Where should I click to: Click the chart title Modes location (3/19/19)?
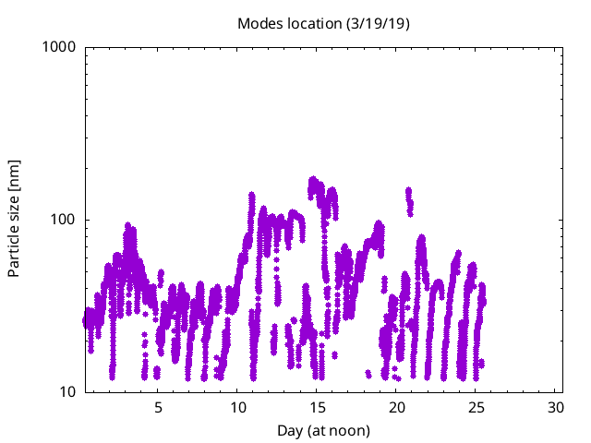tap(323, 23)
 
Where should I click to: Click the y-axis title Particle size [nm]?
tap(14, 219)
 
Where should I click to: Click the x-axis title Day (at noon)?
tap(323, 430)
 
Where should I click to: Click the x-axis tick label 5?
tap(158, 408)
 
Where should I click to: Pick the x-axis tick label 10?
tap(237, 408)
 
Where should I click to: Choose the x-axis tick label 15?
tap(317, 408)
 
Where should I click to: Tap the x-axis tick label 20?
tap(396, 408)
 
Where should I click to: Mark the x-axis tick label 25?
tap(476, 408)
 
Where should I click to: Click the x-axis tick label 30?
tap(555, 408)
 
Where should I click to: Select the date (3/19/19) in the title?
tap(378, 23)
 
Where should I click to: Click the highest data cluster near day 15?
tap(314, 183)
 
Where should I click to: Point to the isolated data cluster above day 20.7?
tap(408, 197)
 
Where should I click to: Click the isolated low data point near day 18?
tap(368, 373)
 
